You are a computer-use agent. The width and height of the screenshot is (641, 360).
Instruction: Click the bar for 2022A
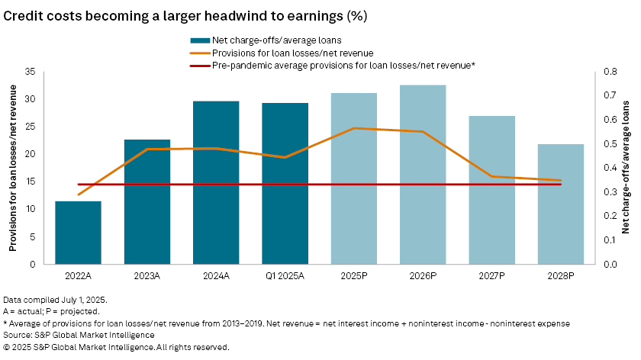(x=78, y=233)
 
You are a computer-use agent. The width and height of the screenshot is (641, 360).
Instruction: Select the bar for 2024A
(x=216, y=183)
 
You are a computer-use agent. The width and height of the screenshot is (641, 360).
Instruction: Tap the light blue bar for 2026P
(x=423, y=175)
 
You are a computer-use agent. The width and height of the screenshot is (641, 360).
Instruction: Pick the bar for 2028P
(x=561, y=204)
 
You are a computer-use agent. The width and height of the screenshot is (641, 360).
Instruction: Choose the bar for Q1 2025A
(x=285, y=184)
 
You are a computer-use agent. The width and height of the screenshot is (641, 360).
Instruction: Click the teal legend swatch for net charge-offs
(x=201, y=40)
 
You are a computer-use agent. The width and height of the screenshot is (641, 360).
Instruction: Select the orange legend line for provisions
(x=201, y=53)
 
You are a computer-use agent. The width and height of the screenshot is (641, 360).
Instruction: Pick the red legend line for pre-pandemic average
(x=201, y=65)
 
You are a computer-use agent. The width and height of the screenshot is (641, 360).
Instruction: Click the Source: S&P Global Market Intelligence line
(x=79, y=334)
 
